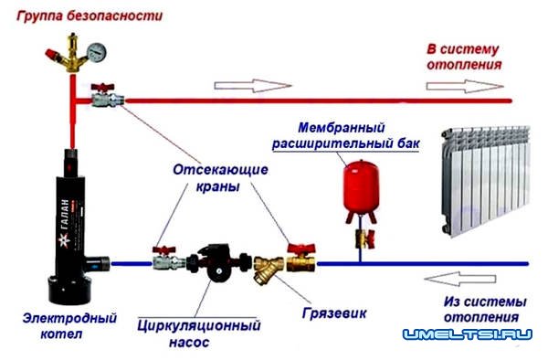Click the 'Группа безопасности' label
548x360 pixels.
coord(78,15)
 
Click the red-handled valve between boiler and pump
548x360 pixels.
coord(165,259)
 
